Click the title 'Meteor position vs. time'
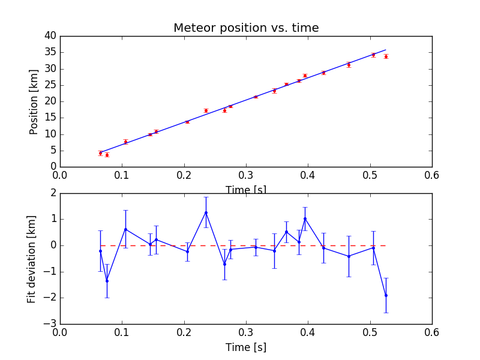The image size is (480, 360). pyautogui.click(x=246, y=28)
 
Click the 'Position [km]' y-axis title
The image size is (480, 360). pyautogui.click(x=34, y=101)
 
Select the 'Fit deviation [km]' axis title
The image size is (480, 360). pyautogui.click(x=32, y=259)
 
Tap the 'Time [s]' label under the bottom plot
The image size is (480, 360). pyautogui.click(x=246, y=347)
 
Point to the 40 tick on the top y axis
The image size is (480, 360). pyautogui.click(x=50, y=36)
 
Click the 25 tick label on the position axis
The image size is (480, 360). pyautogui.click(x=50, y=85)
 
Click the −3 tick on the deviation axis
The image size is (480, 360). pyautogui.click(x=49, y=324)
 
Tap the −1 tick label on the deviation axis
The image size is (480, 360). pyautogui.click(x=49, y=272)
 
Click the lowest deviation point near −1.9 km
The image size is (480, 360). pyautogui.click(x=386, y=295)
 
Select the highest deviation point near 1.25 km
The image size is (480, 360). pyautogui.click(x=206, y=212)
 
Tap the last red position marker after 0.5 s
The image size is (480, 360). pyautogui.click(x=386, y=56)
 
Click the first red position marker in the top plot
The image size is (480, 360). pyautogui.click(x=100, y=153)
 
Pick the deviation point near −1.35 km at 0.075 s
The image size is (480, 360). pyautogui.click(x=107, y=281)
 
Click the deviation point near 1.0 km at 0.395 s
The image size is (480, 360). pyautogui.click(x=305, y=218)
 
